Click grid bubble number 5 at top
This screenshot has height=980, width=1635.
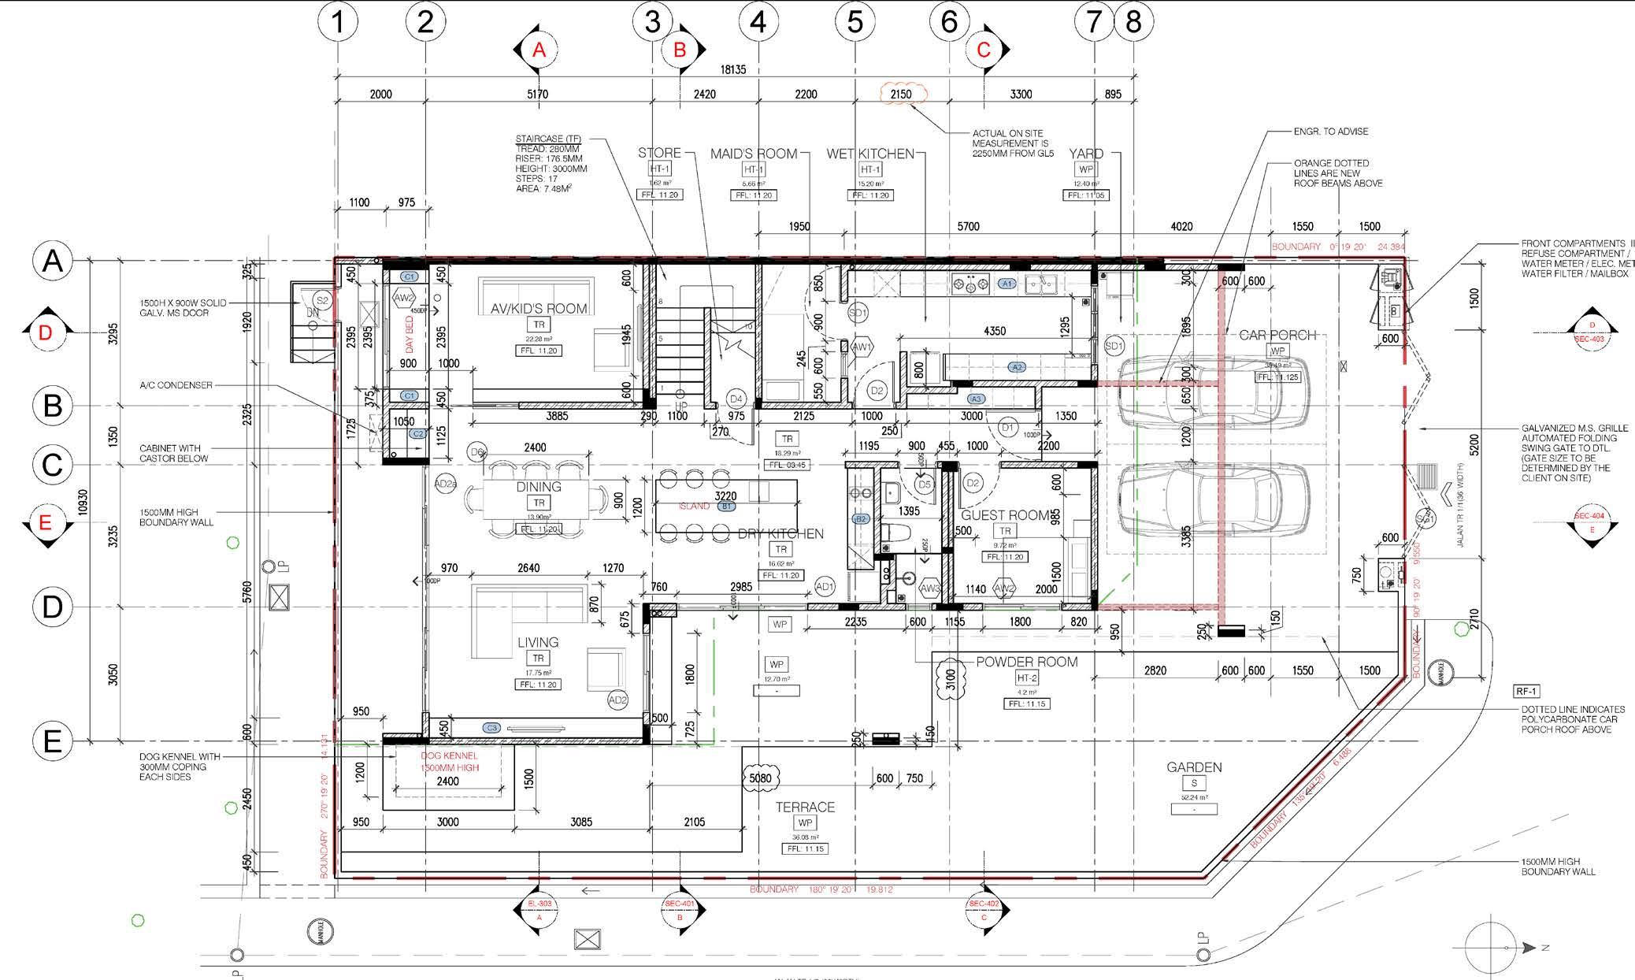click(855, 22)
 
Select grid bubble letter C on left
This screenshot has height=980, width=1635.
click(52, 464)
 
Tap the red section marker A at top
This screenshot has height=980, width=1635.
click(539, 50)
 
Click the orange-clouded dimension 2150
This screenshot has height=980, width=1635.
click(901, 94)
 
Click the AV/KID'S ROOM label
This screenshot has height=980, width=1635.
click(539, 309)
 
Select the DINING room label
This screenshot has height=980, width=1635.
click(539, 487)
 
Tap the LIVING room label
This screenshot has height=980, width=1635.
click(538, 643)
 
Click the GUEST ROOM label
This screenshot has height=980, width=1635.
click(1005, 515)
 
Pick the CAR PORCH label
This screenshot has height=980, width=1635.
click(1277, 336)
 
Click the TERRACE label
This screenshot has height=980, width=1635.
click(805, 807)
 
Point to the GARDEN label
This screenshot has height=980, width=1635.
click(1194, 767)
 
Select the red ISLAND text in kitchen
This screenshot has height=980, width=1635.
click(694, 507)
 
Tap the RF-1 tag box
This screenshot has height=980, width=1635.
click(1526, 692)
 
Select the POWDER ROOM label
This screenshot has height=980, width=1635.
click(1026, 663)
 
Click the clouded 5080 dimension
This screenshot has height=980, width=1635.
click(760, 779)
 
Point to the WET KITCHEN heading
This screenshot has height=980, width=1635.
click(869, 154)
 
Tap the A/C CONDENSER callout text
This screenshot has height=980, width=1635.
click(176, 385)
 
